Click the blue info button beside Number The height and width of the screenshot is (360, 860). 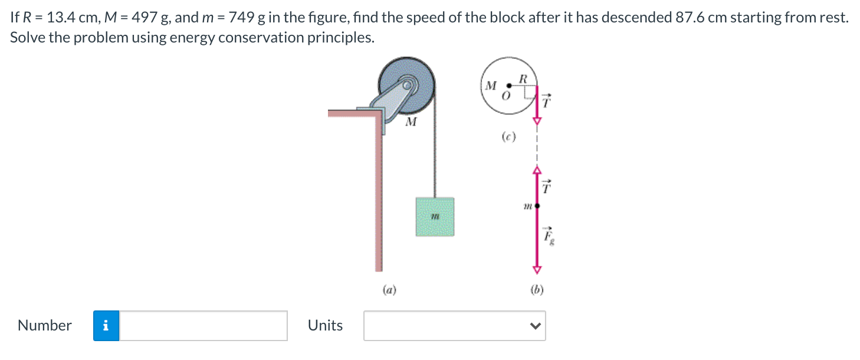106,326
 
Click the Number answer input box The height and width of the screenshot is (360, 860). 203,326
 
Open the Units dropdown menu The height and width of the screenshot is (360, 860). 454,326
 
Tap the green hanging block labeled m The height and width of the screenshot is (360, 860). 435,217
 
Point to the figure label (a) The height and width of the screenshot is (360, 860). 389,289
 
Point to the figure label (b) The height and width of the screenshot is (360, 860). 537,289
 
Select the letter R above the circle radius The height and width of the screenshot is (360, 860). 523,78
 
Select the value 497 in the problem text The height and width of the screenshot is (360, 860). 143,17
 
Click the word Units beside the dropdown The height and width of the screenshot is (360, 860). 325,326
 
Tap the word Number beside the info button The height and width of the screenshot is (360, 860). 45,326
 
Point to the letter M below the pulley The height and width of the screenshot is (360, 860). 411,123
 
